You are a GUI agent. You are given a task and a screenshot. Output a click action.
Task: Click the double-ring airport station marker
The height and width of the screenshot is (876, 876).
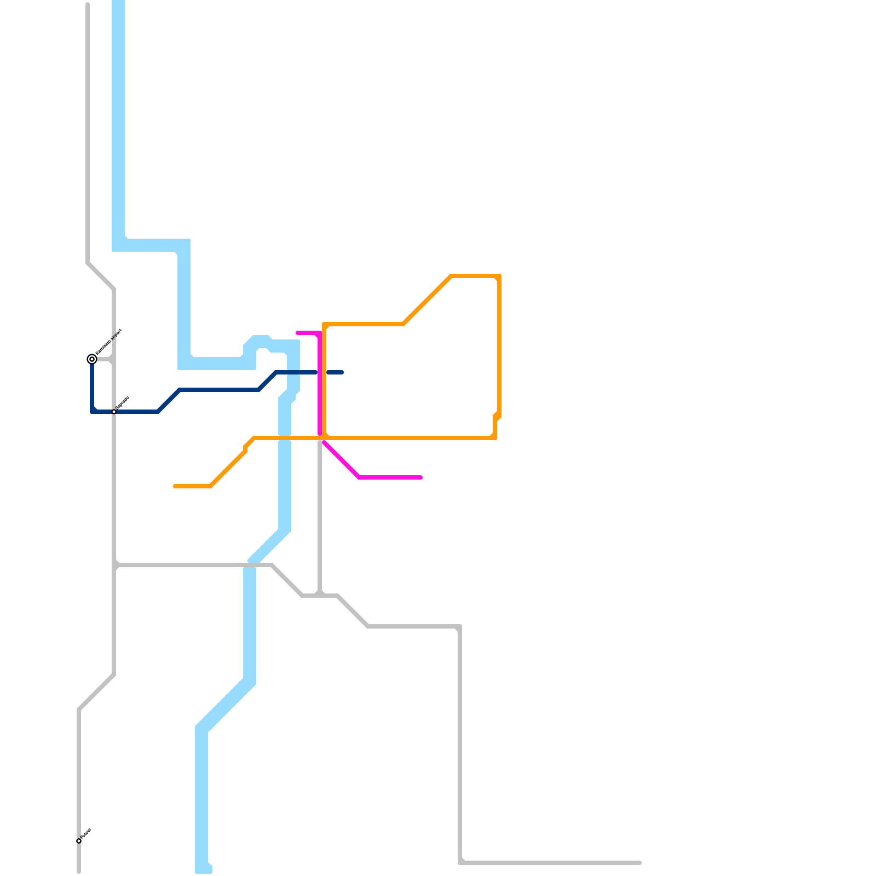point(92,359)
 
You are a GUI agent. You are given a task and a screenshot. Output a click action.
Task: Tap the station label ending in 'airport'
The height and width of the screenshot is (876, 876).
point(108,342)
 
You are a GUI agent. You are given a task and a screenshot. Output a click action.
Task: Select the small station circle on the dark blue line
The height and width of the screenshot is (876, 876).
point(114,412)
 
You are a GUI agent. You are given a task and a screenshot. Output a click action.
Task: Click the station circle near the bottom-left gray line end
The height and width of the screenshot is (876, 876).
point(79,841)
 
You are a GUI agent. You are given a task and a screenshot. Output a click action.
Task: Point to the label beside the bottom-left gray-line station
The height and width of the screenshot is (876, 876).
point(86,834)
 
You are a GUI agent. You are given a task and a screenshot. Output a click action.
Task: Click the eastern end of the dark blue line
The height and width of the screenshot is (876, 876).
point(342,372)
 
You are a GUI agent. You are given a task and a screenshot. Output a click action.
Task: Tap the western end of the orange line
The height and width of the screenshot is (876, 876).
point(175,486)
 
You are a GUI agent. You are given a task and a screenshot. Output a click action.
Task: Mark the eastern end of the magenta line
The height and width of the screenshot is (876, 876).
point(421,477)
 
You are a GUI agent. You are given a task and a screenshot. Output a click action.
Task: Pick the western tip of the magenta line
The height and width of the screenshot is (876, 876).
point(297,333)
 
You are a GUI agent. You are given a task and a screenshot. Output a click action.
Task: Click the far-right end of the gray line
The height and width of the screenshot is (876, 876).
point(639,863)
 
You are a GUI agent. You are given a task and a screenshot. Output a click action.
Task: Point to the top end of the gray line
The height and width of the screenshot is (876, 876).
point(88,4)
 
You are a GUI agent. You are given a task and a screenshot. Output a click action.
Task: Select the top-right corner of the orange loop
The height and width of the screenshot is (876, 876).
point(499,276)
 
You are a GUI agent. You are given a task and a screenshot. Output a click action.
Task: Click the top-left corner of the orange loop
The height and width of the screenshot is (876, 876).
point(325,325)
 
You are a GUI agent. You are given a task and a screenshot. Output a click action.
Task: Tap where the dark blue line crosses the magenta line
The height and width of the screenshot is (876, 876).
point(320,372)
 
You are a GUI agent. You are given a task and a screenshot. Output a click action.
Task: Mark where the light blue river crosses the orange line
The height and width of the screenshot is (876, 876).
point(285,438)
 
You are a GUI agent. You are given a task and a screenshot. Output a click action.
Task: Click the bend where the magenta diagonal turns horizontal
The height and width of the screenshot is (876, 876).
point(359,477)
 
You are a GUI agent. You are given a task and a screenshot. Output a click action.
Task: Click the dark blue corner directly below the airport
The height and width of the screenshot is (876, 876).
point(92,412)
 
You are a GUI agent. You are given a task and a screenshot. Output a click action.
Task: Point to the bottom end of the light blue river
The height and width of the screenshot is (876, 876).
point(203,871)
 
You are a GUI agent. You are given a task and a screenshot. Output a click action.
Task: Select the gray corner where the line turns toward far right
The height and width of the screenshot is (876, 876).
point(460,863)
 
